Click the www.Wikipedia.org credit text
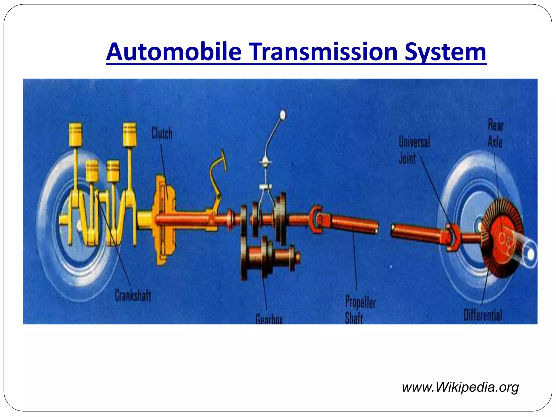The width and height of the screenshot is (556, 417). (460, 387)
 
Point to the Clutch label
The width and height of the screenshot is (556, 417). (162, 133)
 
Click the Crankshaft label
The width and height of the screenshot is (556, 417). (133, 295)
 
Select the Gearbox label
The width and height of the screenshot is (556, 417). (269, 319)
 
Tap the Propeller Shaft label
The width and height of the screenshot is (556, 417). (360, 309)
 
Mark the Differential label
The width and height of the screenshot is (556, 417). (483, 315)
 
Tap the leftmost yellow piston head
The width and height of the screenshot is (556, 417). (75, 135)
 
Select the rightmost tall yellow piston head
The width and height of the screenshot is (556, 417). (129, 134)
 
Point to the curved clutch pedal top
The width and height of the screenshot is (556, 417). (223, 160)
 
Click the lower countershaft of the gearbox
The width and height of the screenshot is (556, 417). (271, 257)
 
